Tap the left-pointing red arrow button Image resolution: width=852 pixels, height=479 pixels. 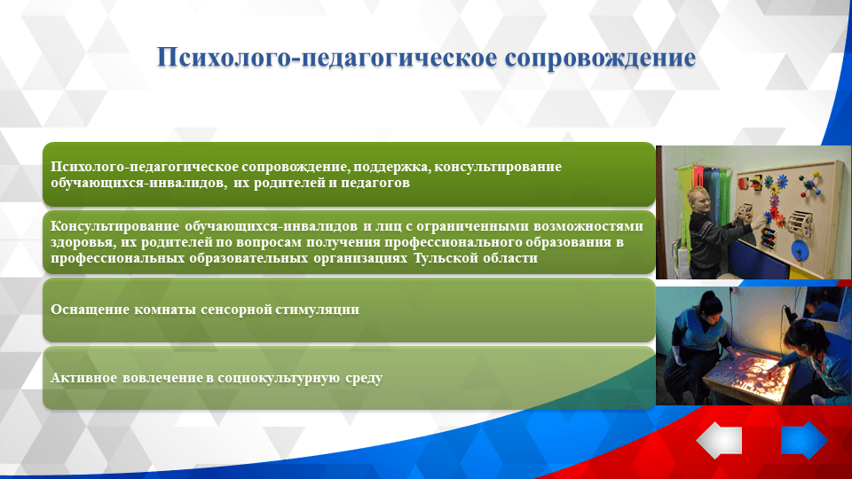click(719, 440)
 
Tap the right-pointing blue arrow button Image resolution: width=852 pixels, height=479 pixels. click(803, 440)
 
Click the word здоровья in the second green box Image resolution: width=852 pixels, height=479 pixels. click(79, 242)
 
